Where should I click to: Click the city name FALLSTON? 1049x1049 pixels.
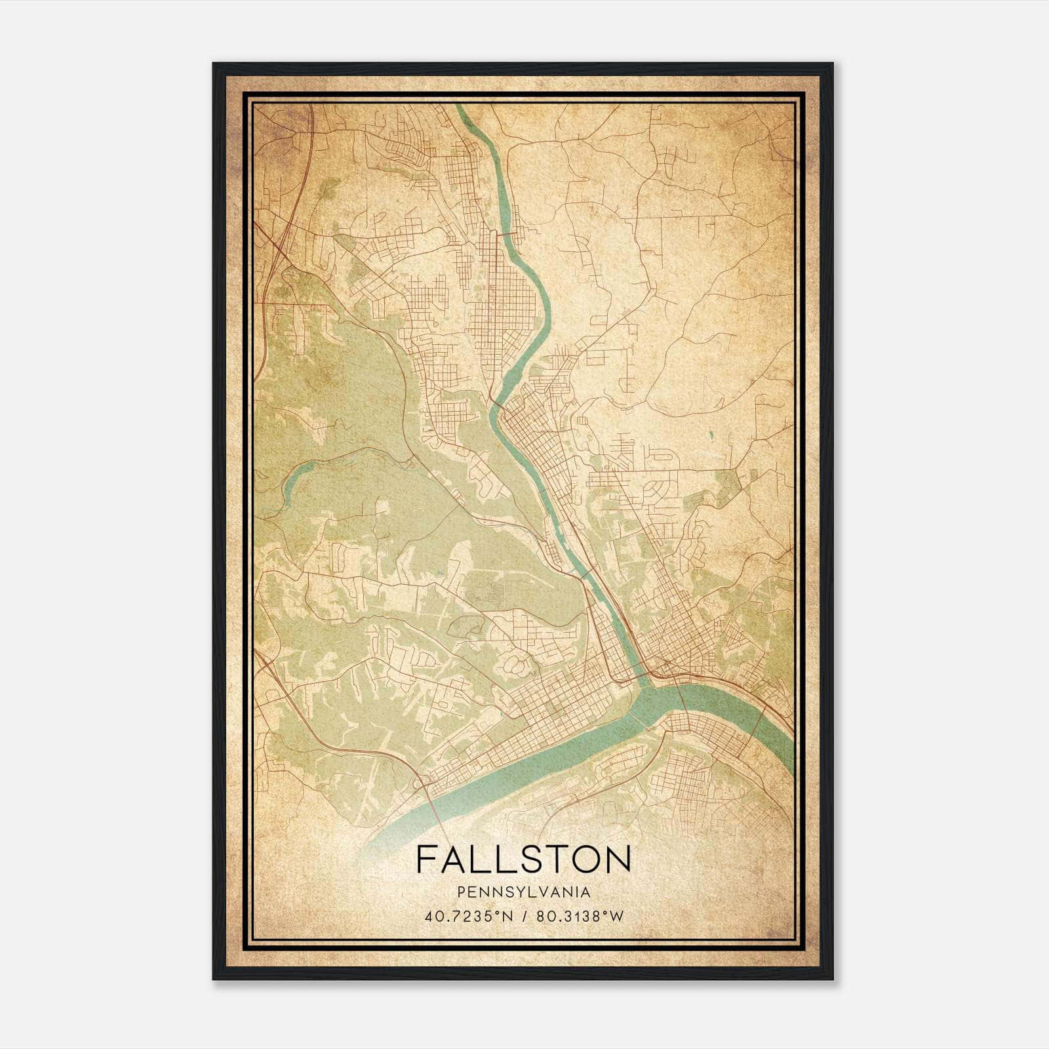pos(523,859)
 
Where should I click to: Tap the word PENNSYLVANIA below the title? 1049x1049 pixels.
pos(523,892)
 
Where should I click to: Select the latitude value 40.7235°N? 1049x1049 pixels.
pos(467,917)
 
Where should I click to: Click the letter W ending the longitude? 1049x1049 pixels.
pos(616,917)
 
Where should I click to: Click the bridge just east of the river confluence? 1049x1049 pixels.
pos(682,699)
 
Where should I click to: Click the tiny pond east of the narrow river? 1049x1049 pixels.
pos(709,435)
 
